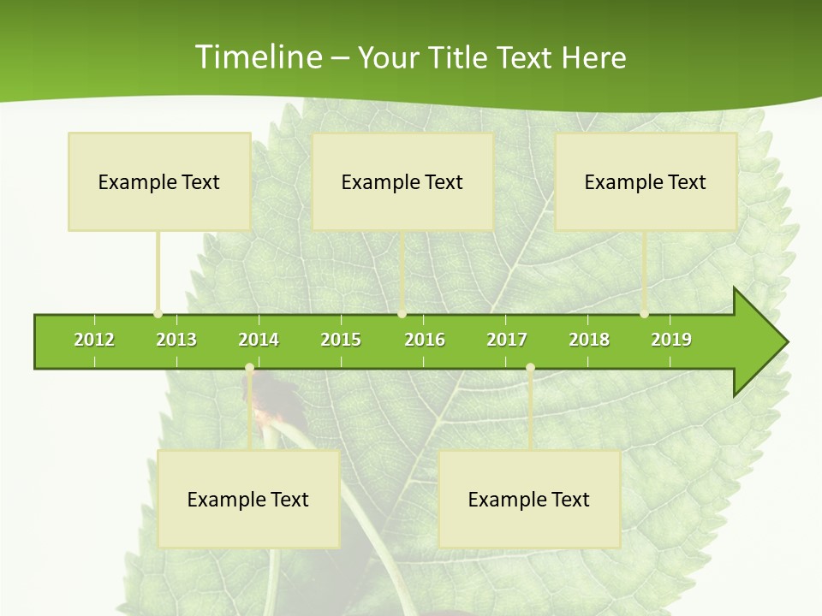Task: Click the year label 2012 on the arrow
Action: (94, 340)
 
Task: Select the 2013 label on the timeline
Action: (176, 340)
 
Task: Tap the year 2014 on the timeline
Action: (259, 340)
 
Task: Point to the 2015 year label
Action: (341, 340)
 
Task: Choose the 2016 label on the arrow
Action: (425, 340)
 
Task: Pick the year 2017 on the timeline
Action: (507, 340)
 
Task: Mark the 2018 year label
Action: (589, 340)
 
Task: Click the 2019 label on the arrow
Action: (671, 340)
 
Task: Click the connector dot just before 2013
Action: (158, 314)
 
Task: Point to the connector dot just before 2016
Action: (402, 314)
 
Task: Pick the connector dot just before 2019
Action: (645, 314)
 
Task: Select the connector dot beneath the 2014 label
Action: (249, 368)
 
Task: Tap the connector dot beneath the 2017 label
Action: (530, 368)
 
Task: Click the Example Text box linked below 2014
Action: (248, 499)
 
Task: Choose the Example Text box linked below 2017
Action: (529, 499)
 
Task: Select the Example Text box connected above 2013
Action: (159, 181)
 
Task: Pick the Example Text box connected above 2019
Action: (646, 181)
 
